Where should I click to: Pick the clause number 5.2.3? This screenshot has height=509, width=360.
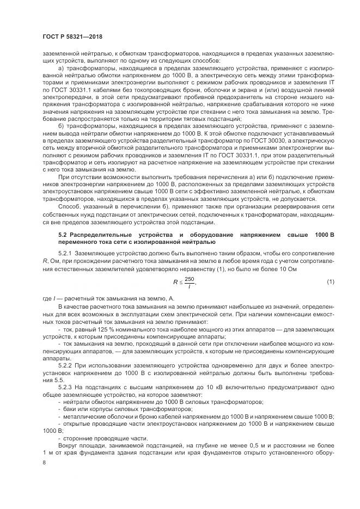(66, 386)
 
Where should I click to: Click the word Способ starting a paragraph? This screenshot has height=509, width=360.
(70, 206)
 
